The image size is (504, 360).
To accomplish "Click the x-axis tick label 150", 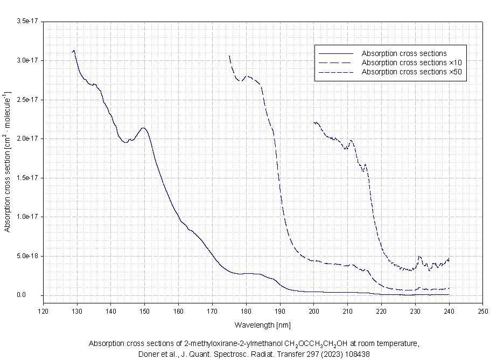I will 144,311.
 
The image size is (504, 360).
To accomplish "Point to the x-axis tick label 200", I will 314,311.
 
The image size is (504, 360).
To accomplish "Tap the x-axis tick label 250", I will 483,311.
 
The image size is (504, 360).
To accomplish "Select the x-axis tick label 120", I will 43,311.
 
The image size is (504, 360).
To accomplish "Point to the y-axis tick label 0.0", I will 33,295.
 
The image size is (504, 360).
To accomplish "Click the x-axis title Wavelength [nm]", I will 263,325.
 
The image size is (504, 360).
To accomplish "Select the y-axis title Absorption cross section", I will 8,162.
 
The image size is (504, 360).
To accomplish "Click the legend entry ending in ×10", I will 412,63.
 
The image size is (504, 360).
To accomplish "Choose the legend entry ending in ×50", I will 412,72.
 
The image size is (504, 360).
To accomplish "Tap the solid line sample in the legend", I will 335,53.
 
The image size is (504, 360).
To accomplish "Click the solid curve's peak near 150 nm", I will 144,128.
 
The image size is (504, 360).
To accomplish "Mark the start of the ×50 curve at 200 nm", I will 314,123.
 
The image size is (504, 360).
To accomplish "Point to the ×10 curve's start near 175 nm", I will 229,56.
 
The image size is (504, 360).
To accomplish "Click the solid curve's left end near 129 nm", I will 73,51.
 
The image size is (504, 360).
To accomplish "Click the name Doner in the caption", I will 148,354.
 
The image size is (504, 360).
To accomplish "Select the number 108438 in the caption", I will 353,354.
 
